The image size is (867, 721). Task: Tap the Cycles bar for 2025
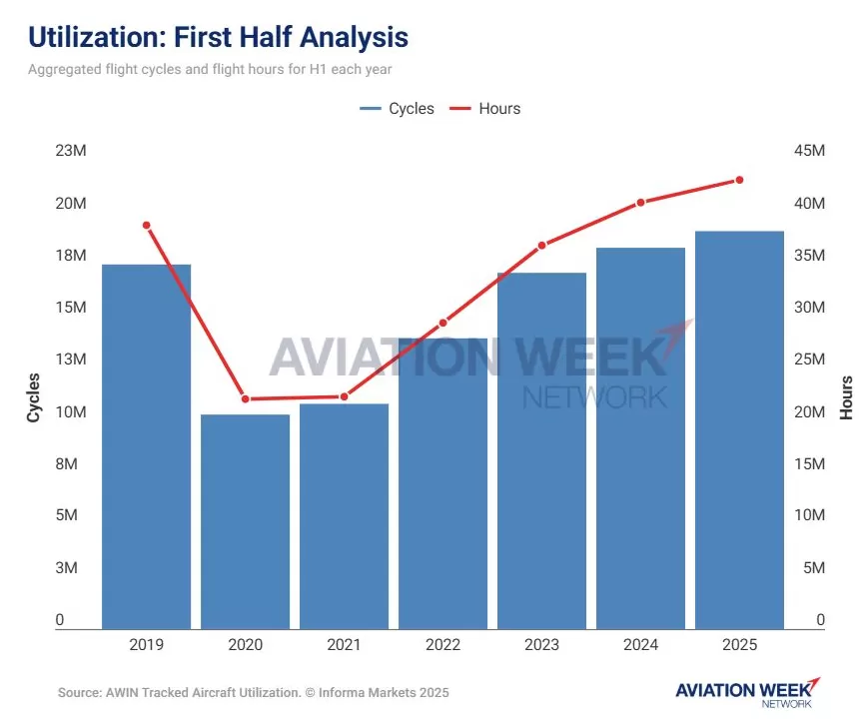[739, 429]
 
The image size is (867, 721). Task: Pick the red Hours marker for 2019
[146, 225]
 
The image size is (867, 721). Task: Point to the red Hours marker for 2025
[739, 180]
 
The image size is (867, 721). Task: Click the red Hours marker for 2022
[442, 323]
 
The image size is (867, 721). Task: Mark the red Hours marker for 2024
[640, 202]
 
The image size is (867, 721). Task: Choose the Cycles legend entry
[398, 108]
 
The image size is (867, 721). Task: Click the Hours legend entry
[486, 108]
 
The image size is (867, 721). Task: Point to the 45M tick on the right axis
[808, 151]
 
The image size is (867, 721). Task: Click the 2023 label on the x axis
[541, 645]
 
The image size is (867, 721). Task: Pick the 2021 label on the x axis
[344, 645]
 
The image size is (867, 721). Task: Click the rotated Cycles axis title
[33, 396]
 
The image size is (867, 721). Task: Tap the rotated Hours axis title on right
[846, 396]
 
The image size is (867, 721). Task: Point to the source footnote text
[253, 692]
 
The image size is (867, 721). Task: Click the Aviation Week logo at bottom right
[747, 692]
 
